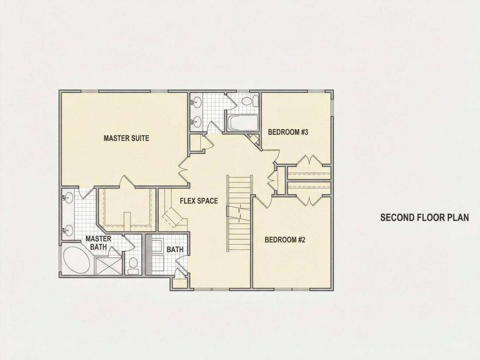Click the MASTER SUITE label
coord(126,138)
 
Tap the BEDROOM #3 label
coord(288,132)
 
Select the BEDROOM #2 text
coord(285,240)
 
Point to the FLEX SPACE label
coord(199,201)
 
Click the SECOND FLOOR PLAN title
coord(425,217)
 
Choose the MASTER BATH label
coord(98,243)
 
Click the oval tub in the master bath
coord(77,260)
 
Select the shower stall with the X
coord(109,266)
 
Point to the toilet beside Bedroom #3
coord(249,101)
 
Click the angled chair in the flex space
coord(174,216)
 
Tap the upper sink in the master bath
coord(69,197)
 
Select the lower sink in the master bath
coord(69,230)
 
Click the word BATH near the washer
coord(175,250)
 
